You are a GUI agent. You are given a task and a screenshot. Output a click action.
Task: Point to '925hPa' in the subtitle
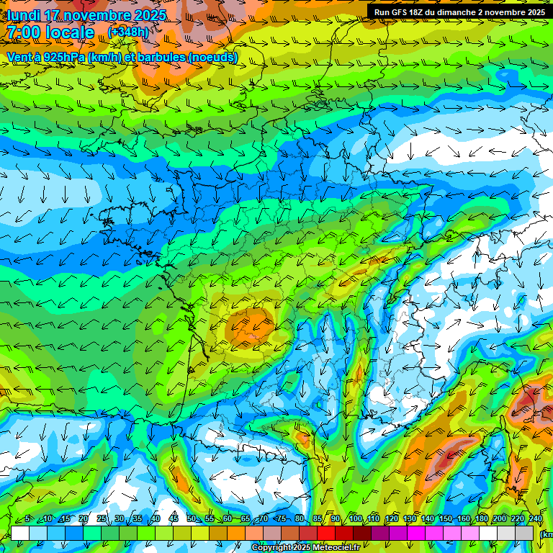pos(63,57)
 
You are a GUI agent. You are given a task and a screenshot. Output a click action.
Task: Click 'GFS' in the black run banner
pos(403,12)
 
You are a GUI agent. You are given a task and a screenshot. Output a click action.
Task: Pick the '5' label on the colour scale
pos(27,519)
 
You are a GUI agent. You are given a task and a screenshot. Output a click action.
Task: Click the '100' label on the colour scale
pos(355,519)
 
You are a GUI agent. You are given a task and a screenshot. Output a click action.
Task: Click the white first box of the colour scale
pos(20,533)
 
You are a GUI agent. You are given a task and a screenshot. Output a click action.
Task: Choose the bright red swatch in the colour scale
pos(326,533)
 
